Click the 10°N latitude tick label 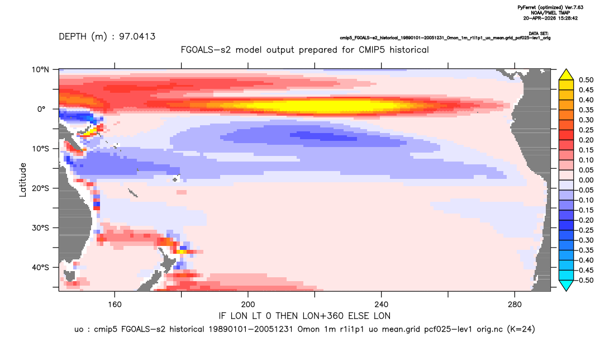[x=40, y=70]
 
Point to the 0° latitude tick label [x=41, y=109]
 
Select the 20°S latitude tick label [x=40, y=188]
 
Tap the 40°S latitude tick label [x=40, y=267]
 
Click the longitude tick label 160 [x=115, y=305]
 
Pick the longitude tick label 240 [x=382, y=305]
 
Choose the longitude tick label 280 [x=515, y=305]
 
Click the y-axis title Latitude [x=23, y=179]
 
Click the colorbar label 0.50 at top [x=586, y=80]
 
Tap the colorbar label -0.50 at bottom [x=585, y=280]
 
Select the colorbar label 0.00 [x=586, y=180]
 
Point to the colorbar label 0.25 [x=586, y=130]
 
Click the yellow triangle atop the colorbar [x=566, y=75]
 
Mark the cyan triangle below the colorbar [x=566, y=285]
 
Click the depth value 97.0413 [x=137, y=37]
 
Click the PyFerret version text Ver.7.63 [x=574, y=8]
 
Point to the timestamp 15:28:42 [x=566, y=18]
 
